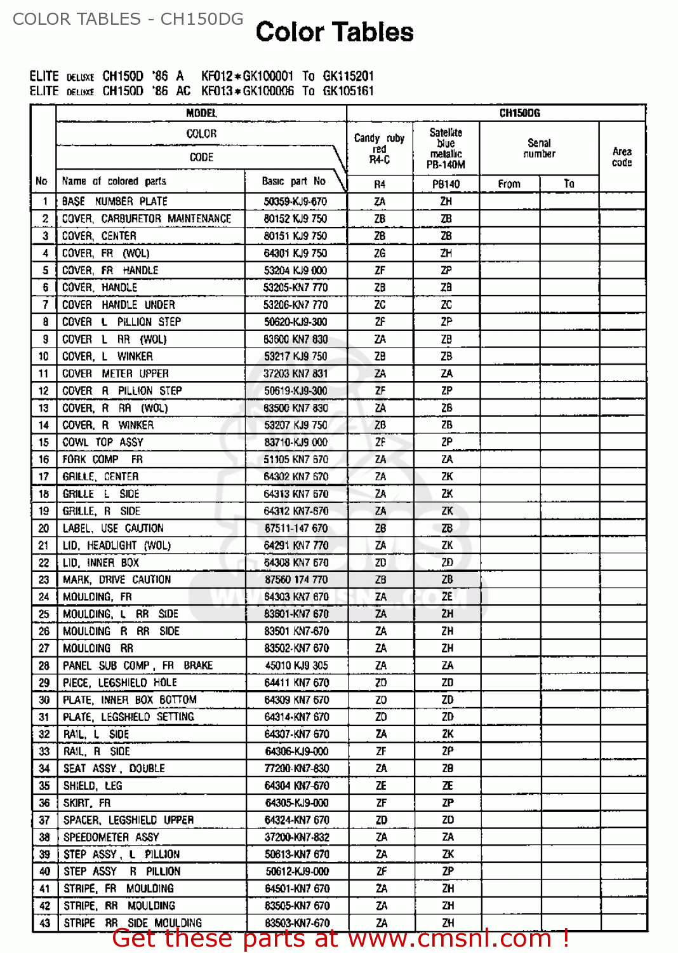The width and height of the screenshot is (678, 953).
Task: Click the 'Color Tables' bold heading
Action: tap(335, 32)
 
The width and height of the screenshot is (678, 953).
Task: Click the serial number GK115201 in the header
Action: tap(348, 76)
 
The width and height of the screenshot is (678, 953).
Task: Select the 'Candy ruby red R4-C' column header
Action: tap(379, 149)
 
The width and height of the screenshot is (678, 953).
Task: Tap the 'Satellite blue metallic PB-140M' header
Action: tap(446, 149)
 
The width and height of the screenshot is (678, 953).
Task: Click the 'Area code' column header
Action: tap(621, 157)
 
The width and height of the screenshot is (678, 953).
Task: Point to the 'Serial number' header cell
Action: tap(539, 148)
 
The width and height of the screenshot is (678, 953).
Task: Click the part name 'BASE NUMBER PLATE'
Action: tap(115, 201)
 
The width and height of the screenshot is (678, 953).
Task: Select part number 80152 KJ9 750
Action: tap(295, 219)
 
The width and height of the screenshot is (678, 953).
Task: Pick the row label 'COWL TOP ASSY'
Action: tap(103, 442)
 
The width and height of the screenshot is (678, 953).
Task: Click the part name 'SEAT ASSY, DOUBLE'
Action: tap(114, 768)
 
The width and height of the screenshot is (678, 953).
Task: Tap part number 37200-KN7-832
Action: tap(296, 837)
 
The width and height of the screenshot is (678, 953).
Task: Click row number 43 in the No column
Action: tap(44, 923)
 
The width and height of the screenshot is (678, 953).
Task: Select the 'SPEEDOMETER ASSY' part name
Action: tap(111, 837)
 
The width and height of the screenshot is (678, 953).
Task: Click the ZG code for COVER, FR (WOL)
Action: tap(380, 253)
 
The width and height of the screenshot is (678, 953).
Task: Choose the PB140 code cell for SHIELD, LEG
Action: tap(447, 786)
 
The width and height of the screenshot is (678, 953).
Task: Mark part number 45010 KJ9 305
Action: tap(296, 665)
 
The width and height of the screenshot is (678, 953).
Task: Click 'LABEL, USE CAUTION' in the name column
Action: tap(113, 528)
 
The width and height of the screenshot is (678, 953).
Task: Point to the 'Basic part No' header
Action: tap(293, 181)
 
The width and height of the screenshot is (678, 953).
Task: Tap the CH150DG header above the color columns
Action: tap(519, 113)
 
